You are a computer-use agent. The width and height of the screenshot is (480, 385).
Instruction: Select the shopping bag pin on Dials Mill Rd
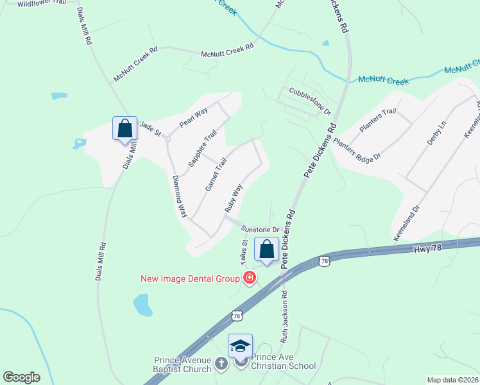click(x=125, y=128)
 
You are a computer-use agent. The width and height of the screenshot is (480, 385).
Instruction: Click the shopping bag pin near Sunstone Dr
click(x=266, y=249)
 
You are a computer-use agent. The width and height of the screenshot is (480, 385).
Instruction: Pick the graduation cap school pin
click(x=240, y=346)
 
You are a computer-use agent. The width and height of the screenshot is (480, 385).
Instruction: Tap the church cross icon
click(x=221, y=364)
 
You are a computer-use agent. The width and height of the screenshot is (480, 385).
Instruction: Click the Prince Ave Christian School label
click(x=283, y=361)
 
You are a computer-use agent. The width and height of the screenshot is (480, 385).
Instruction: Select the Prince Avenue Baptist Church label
click(x=182, y=364)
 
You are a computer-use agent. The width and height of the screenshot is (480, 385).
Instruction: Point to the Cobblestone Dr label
click(x=310, y=101)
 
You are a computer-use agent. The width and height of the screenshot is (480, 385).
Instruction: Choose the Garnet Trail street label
click(x=216, y=175)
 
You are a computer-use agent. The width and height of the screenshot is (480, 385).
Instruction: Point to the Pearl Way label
click(x=193, y=117)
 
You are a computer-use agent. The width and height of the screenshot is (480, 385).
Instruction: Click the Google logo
click(x=21, y=377)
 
